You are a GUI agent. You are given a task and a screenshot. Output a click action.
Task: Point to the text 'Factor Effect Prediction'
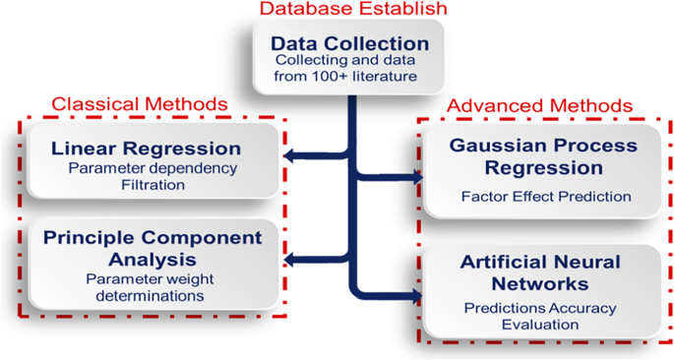click(x=546, y=196)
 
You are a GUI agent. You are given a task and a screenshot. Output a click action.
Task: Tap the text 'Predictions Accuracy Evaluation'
click(x=540, y=316)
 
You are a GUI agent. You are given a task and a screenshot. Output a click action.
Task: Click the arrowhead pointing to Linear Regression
click(x=289, y=154)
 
